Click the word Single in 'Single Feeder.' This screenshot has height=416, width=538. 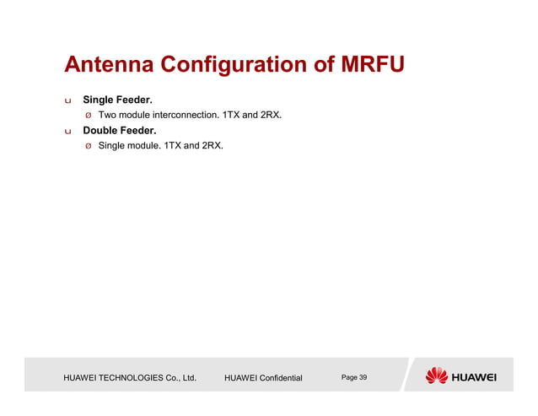pyautogui.click(x=99, y=100)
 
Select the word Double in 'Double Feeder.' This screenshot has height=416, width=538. pyautogui.click(x=101, y=131)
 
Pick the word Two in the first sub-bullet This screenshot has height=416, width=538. pyautogui.click(x=107, y=115)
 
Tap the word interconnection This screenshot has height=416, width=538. pyautogui.click(x=184, y=115)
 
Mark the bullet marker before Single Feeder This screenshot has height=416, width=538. pyautogui.click(x=68, y=101)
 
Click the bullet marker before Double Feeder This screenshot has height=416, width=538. pyautogui.click(x=68, y=132)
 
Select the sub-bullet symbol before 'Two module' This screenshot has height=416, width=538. pyautogui.click(x=87, y=116)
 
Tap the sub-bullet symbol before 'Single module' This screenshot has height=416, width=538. pyautogui.click(x=87, y=146)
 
